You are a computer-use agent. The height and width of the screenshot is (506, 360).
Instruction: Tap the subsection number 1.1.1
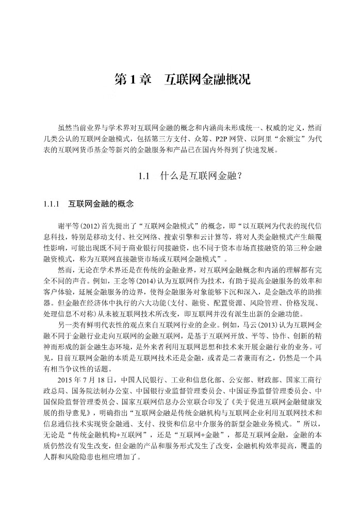(x=53, y=204)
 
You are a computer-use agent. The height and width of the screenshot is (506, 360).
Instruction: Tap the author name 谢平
(x=65, y=227)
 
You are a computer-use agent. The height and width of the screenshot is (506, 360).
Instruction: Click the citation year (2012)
(x=88, y=227)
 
